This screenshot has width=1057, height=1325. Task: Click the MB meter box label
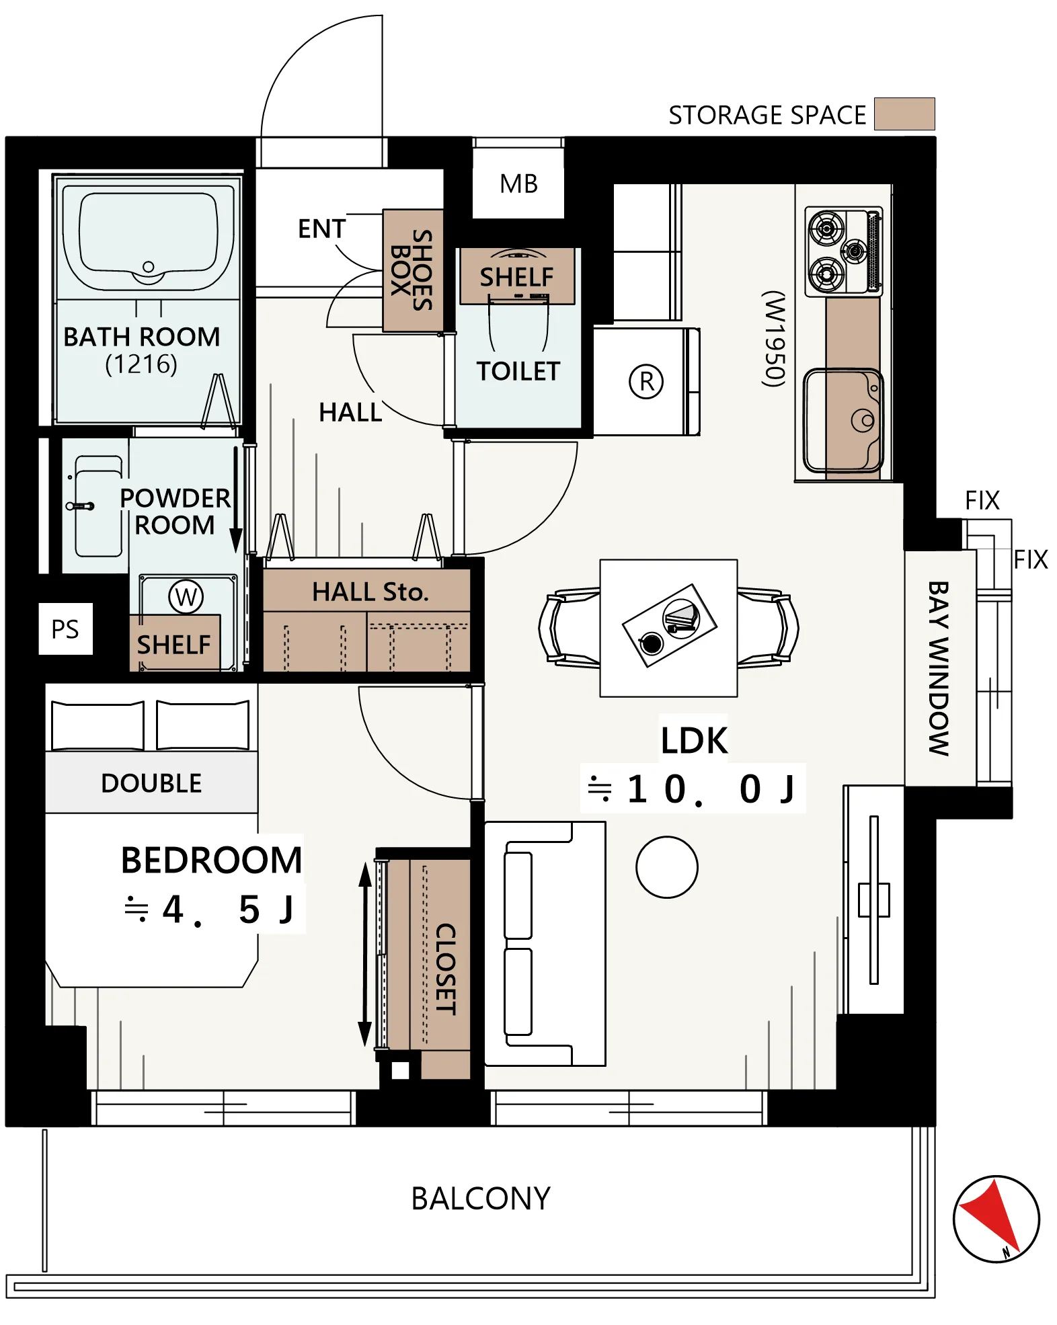[x=518, y=184]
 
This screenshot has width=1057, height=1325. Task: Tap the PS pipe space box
[x=65, y=629]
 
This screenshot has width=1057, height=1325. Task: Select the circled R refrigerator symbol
[x=646, y=381]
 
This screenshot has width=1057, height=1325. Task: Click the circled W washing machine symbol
[x=186, y=596]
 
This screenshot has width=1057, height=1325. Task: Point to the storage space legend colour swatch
[x=904, y=114]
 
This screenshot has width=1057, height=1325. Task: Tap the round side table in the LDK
[x=667, y=867]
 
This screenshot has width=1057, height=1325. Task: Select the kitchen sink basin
[x=843, y=420]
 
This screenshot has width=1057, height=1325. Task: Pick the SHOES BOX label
[x=412, y=270]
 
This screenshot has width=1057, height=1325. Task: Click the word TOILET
[x=518, y=371]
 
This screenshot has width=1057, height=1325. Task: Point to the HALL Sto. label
[x=370, y=592]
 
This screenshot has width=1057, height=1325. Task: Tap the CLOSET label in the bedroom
[x=446, y=969]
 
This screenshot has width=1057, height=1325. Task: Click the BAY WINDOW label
[x=939, y=668]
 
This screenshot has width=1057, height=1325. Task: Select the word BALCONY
[x=481, y=1199]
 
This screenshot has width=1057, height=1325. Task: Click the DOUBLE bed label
[x=151, y=783]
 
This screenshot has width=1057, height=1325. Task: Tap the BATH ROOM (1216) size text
[x=141, y=364]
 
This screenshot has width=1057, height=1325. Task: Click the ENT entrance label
[x=322, y=229]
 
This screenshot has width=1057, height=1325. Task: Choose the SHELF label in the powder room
[x=174, y=645]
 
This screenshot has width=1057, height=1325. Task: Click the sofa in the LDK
[x=545, y=943]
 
